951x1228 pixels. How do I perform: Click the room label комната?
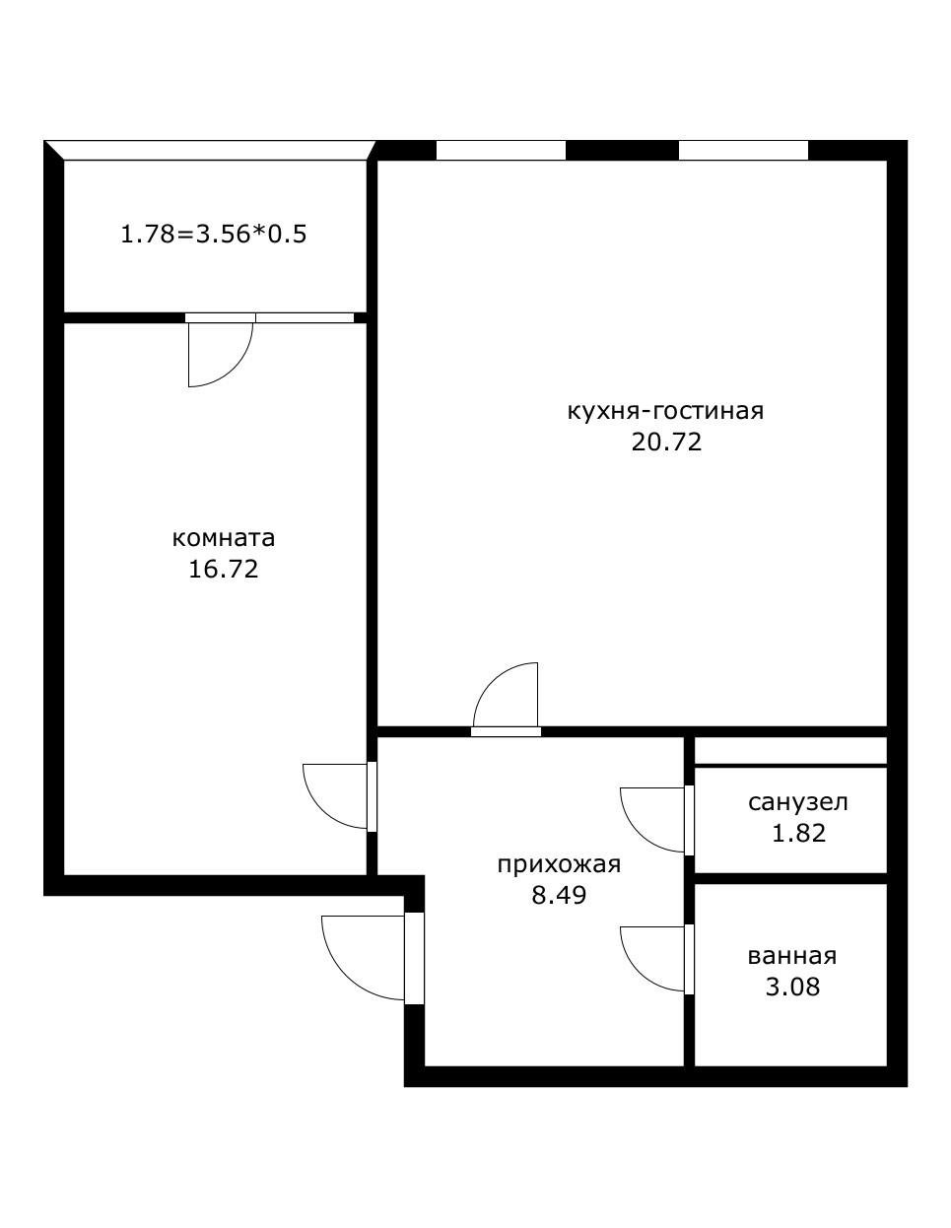pyautogui.click(x=223, y=538)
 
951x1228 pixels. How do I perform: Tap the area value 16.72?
pyautogui.click(x=223, y=569)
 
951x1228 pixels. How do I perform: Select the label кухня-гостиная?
pyautogui.click(x=665, y=412)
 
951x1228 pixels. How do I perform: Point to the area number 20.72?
pyautogui.click(x=666, y=442)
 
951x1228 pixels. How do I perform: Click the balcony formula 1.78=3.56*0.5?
pyautogui.click(x=214, y=234)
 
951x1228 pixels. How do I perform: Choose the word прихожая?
pyautogui.click(x=559, y=865)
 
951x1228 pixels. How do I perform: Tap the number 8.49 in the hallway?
pyautogui.click(x=559, y=895)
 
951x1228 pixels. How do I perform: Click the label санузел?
pyautogui.click(x=798, y=802)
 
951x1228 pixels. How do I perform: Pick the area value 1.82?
pyautogui.click(x=799, y=833)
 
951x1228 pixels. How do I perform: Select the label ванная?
pyautogui.click(x=792, y=957)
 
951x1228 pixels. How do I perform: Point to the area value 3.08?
pyautogui.click(x=792, y=988)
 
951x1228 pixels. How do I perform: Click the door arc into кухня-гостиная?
pyautogui.click(x=491, y=680)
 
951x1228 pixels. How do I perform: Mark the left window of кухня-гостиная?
pyautogui.click(x=501, y=151)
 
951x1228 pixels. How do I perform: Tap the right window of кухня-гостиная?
pyautogui.click(x=743, y=151)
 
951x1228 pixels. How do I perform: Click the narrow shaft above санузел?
pyautogui.click(x=790, y=750)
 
